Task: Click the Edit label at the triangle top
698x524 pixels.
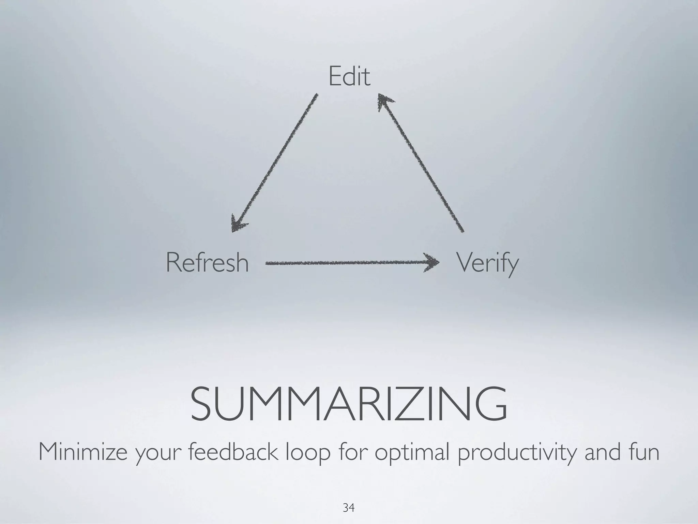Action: [349, 77]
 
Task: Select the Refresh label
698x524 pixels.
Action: [207, 263]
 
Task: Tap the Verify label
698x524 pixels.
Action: [487, 263]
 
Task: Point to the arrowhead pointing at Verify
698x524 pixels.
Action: [431, 263]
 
